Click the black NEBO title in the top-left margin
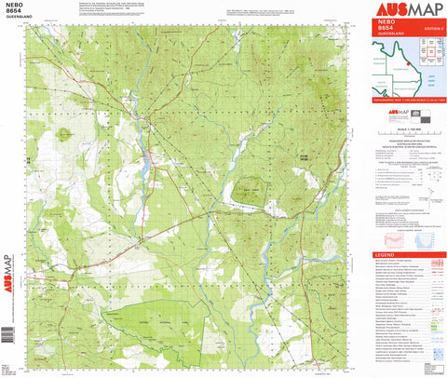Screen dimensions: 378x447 [13, 6]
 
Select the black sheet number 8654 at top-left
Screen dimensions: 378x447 [13, 13]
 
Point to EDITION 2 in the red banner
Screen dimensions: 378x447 [427, 31]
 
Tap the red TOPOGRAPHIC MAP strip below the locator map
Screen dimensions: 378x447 [407, 98]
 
